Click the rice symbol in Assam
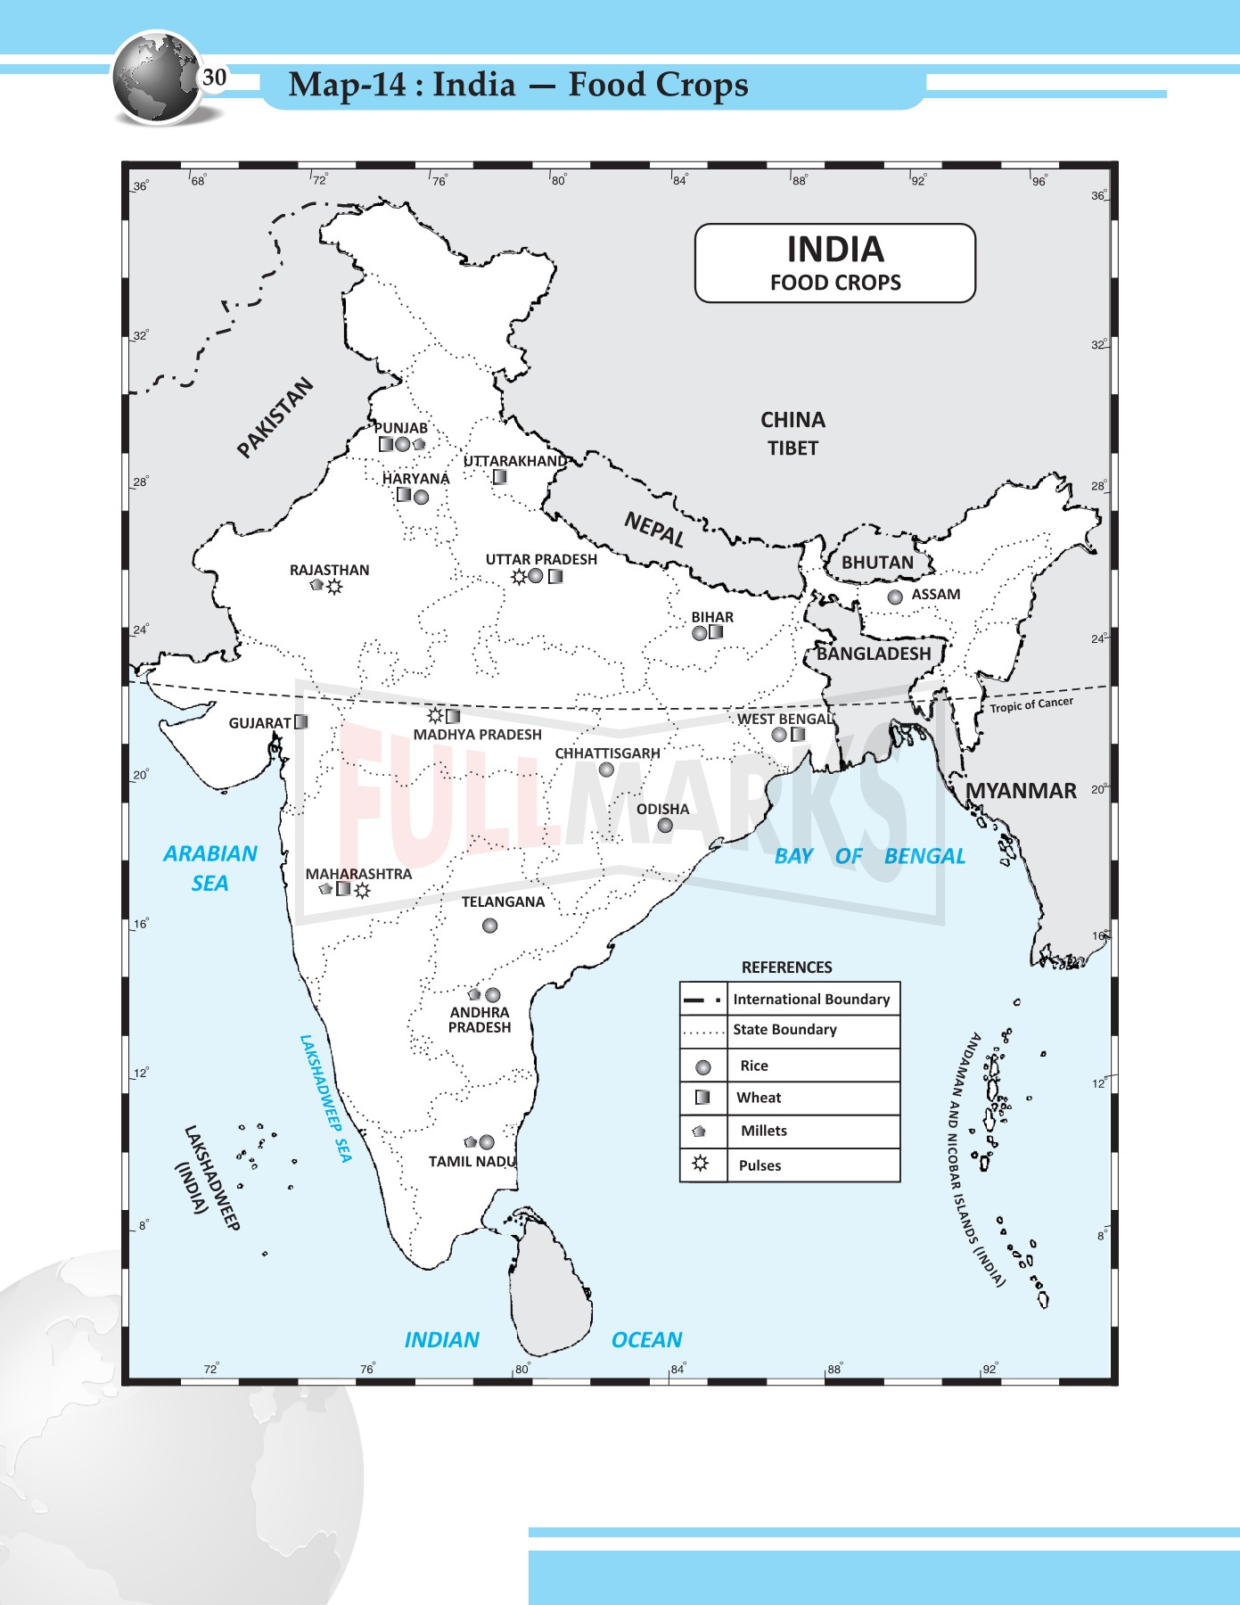[x=895, y=597]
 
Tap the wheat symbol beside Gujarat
[x=301, y=722]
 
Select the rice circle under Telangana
[x=489, y=926]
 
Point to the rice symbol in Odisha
[x=665, y=826]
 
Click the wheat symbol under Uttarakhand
[x=500, y=477]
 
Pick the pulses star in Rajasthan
[x=334, y=587]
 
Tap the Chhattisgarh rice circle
[x=606, y=770]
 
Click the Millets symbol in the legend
[x=700, y=1131]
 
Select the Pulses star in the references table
[x=701, y=1164]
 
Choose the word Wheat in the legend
[x=759, y=1098]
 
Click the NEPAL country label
[x=654, y=529]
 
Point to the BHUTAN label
[x=877, y=563]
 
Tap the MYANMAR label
[x=1022, y=791]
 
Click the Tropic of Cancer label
[x=1031, y=704]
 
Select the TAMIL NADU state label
[x=472, y=1162]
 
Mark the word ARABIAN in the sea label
[x=210, y=853]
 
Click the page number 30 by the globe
[x=214, y=78]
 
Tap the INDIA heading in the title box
[x=835, y=249]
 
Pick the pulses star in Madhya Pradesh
[x=435, y=715]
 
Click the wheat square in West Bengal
[x=798, y=735]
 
